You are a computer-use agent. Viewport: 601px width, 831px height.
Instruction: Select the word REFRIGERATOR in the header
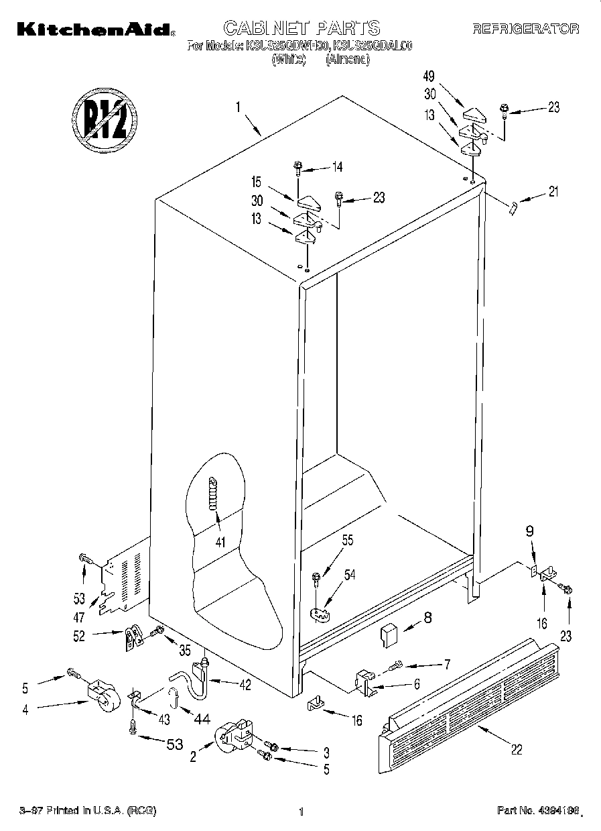point(525,29)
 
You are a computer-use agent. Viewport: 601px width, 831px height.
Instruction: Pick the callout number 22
point(516,750)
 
